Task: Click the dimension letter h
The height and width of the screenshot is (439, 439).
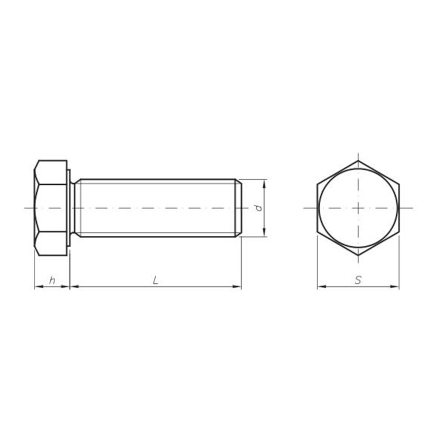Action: click(x=52, y=280)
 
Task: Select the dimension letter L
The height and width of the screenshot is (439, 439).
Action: click(x=155, y=280)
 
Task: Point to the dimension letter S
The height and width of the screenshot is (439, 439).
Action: click(x=358, y=280)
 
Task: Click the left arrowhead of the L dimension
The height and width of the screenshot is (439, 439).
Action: click(x=74, y=287)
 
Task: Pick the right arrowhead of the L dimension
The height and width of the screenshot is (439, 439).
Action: click(x=237, y=287)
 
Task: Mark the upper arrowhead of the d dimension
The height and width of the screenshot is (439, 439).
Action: click(x=265, y=183)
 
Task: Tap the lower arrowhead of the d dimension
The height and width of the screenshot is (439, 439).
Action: click(x=265, y=232)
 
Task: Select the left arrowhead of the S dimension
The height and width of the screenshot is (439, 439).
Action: click(x=321, y=287)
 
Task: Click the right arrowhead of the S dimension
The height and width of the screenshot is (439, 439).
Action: click(x=395, y=287)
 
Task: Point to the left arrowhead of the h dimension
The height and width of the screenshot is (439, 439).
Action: click(x=38, y=287)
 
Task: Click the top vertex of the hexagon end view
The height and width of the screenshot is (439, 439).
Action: click(x=358, y=160)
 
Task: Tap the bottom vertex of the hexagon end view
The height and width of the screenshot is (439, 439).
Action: click(x=358, y=256)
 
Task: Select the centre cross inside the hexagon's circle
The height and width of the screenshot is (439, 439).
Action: click(x=358, y=208)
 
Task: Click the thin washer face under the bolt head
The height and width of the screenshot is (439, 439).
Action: click(x=71, y=208)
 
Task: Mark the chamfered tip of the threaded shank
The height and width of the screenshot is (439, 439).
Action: click(x=239, y=208)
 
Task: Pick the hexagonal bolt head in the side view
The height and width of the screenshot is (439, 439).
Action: click(x=52, y=208)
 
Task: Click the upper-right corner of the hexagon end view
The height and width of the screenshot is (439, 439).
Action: click(x=399, y=184)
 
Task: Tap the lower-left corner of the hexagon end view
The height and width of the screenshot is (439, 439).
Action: click(x=317, y=232)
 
